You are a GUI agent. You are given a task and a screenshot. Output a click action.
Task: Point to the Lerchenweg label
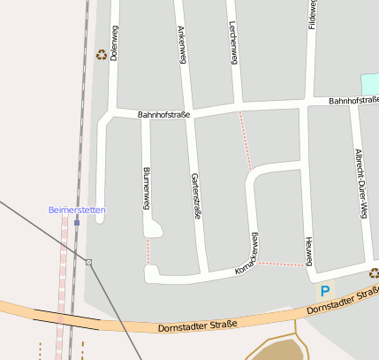pos(233,42)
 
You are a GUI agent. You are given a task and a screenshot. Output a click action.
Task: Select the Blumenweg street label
pos(145,188)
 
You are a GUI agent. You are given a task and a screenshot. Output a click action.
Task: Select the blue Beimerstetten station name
pos(77,210)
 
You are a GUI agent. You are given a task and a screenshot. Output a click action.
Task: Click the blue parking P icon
pos(326,290)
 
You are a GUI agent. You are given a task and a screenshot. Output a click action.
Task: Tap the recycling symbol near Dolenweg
pos(102,55)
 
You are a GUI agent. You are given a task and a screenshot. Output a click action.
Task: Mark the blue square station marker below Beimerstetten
pos(77,222)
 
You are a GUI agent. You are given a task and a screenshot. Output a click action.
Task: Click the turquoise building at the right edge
pos(370,84)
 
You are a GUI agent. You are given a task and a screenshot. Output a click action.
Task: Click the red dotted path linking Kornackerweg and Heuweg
pos(281,264)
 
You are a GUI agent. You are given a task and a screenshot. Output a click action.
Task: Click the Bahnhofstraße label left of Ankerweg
pos(163,115)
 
